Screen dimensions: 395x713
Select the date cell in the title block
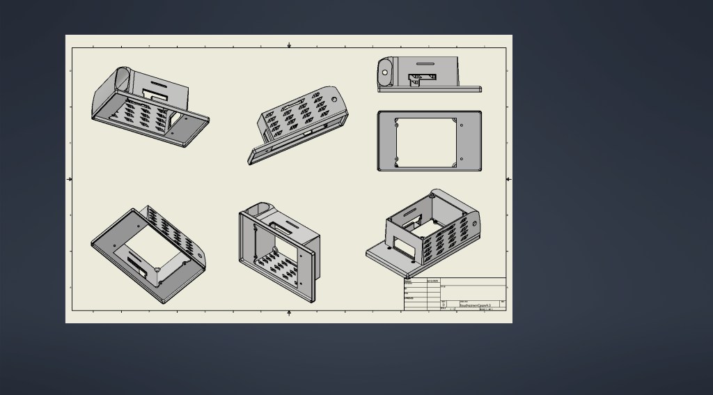(x=432, y=281)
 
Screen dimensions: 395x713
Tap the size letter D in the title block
(x=444, y=304)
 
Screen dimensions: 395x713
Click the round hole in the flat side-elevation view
(x=384, y=72)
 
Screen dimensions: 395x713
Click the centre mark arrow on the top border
(x=289, y=45)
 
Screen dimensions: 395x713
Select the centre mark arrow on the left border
(x=70, y=179)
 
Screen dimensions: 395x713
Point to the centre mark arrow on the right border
(x=508, y=179)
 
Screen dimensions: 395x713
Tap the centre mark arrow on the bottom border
(x=289, y=313)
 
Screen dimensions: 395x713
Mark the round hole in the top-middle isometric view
(x=334, y=98)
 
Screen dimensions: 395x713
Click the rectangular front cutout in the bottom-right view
(x=401, y=245)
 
